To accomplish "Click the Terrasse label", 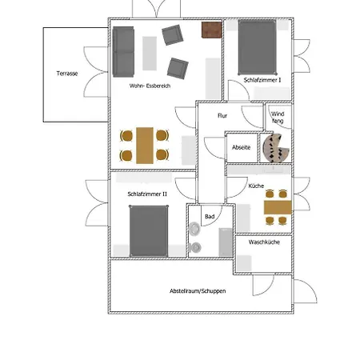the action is tap(67, 74).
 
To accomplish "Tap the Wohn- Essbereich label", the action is tap(150, 86).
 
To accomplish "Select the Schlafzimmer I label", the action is tap(262, 80).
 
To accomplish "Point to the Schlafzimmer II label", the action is tap(147, 194).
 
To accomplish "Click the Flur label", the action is tap(222, 115).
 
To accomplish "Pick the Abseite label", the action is tap(242, 147).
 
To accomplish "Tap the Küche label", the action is tap(256, 186).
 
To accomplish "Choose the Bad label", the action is tap(210, 217).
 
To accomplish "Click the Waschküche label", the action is tap(264, 242).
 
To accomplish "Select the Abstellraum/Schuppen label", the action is tap(198, 291).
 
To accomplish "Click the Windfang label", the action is tap(278, 118).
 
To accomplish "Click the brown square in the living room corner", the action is tap(212, 30).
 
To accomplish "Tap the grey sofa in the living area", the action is tap(123, 52).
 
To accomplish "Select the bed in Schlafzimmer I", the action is tap(258, 47).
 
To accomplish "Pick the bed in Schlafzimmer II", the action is tap(149, 231).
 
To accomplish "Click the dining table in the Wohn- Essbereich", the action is tap(145, 146).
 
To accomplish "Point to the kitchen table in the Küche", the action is tap(278, 207).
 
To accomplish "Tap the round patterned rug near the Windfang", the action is tap(276, 148).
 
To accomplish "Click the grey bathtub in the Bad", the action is tap(226, 242).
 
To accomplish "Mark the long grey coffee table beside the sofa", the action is tap(150, 54).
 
